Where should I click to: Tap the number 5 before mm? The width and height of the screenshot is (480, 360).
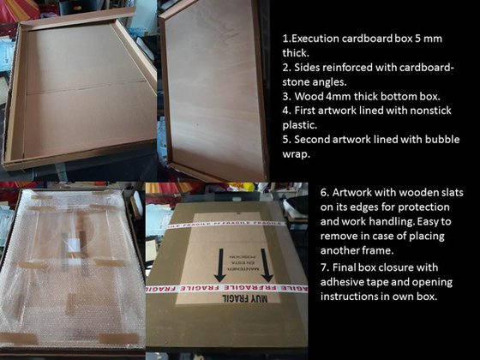pyautogui.click(x=418, y=39)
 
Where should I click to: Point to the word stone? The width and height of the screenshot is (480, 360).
pyautogui.click(x=297, y=82)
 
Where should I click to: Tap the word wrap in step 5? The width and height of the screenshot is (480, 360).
pyautogui.click(x=296, y=154)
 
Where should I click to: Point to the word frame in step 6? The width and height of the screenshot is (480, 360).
pyautogui.click(x=378, y=250)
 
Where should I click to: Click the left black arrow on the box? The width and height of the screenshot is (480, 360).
pyautogui.click(x=220, y=265)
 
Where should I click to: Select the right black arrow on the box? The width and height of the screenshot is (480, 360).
pyautogui.click(x=267, y=265)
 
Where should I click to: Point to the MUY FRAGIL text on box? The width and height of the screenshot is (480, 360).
pyautogui.click(x=245, y=298)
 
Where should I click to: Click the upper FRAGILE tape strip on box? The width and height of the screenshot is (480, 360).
pyautogui.click(x=226, y=225)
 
